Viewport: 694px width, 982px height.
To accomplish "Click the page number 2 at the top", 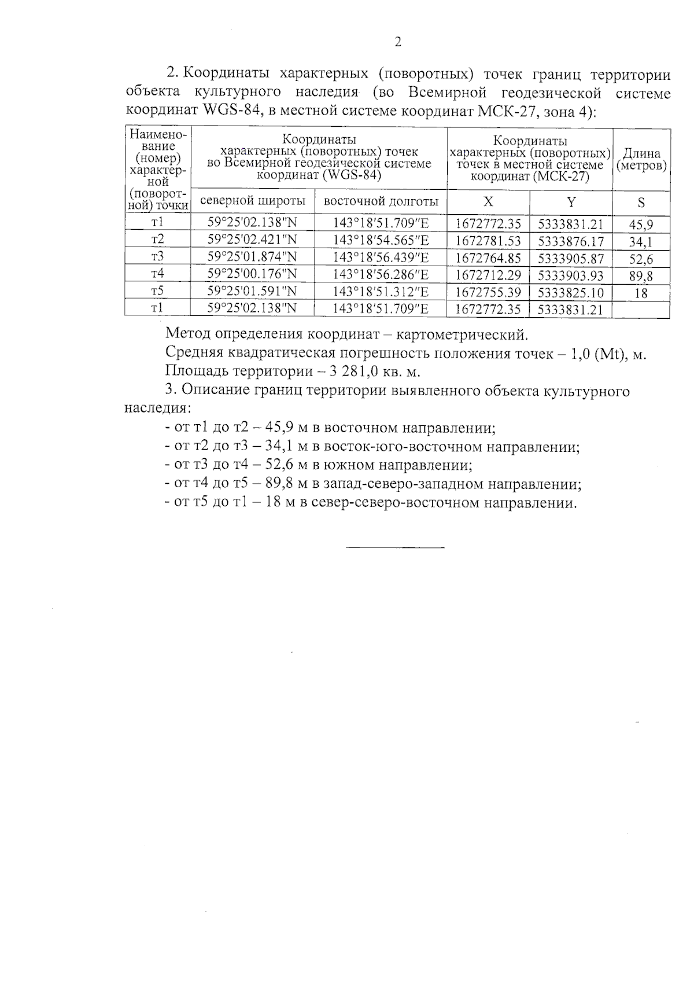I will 397,42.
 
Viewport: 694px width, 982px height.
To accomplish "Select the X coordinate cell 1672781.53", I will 488,241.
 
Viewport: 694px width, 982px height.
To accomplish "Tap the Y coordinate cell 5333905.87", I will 571,258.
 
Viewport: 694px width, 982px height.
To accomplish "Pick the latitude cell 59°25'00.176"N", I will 252,274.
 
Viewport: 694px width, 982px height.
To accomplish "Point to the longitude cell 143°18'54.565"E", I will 381,240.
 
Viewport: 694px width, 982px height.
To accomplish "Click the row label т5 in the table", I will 157,291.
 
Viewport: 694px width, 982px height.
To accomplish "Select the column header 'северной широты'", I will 253,201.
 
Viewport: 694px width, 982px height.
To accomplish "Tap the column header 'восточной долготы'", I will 381,201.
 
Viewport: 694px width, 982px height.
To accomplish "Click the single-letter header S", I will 641,203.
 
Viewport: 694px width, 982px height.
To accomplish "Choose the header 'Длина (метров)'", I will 641,160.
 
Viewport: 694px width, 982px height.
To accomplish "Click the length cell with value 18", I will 641,293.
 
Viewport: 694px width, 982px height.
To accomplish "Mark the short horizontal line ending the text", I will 396,547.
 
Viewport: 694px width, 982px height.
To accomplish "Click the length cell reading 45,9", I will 641,225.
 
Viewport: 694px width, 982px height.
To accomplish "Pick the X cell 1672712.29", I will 488,275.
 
